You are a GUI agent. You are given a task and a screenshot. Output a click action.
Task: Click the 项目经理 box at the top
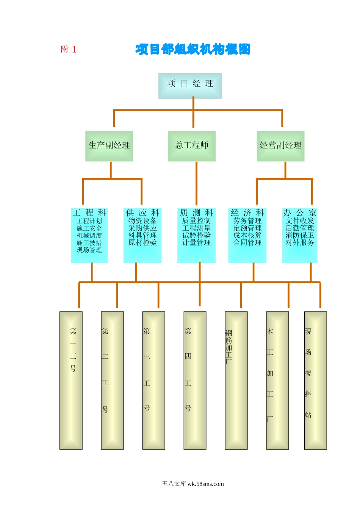[x=190, y=86]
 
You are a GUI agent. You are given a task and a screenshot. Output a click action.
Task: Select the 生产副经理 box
[x=109, y=146]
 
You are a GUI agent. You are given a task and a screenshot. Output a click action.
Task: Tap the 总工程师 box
[x=191, y=146]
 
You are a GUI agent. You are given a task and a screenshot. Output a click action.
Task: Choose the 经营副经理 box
[x=280, y=146]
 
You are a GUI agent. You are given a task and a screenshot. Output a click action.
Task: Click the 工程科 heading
[x=89, y=213]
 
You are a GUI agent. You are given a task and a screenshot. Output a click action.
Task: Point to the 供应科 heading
[x=142, y=213]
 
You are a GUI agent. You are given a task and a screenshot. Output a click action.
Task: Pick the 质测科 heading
[x=196, y=213]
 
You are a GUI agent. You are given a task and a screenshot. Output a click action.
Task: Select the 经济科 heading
[x=247, y=213]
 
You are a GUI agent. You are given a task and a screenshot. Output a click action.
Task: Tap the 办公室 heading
[x=300, y=213]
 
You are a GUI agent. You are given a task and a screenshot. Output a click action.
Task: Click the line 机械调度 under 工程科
[x=89, y=236]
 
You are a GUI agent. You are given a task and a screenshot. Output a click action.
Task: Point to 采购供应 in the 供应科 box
[x=142, y=228]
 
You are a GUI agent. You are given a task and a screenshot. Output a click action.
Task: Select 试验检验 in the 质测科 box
[x=196, y=235]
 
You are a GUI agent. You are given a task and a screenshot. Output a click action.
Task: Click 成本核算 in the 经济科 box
[x=247, y=235]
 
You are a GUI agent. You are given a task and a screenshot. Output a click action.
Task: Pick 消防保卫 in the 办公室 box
[x=300, y=235]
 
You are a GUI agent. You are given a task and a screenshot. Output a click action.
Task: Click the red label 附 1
[x=69, y=49]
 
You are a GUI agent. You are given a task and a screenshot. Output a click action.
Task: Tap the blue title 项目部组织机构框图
[x=193, y=49]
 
